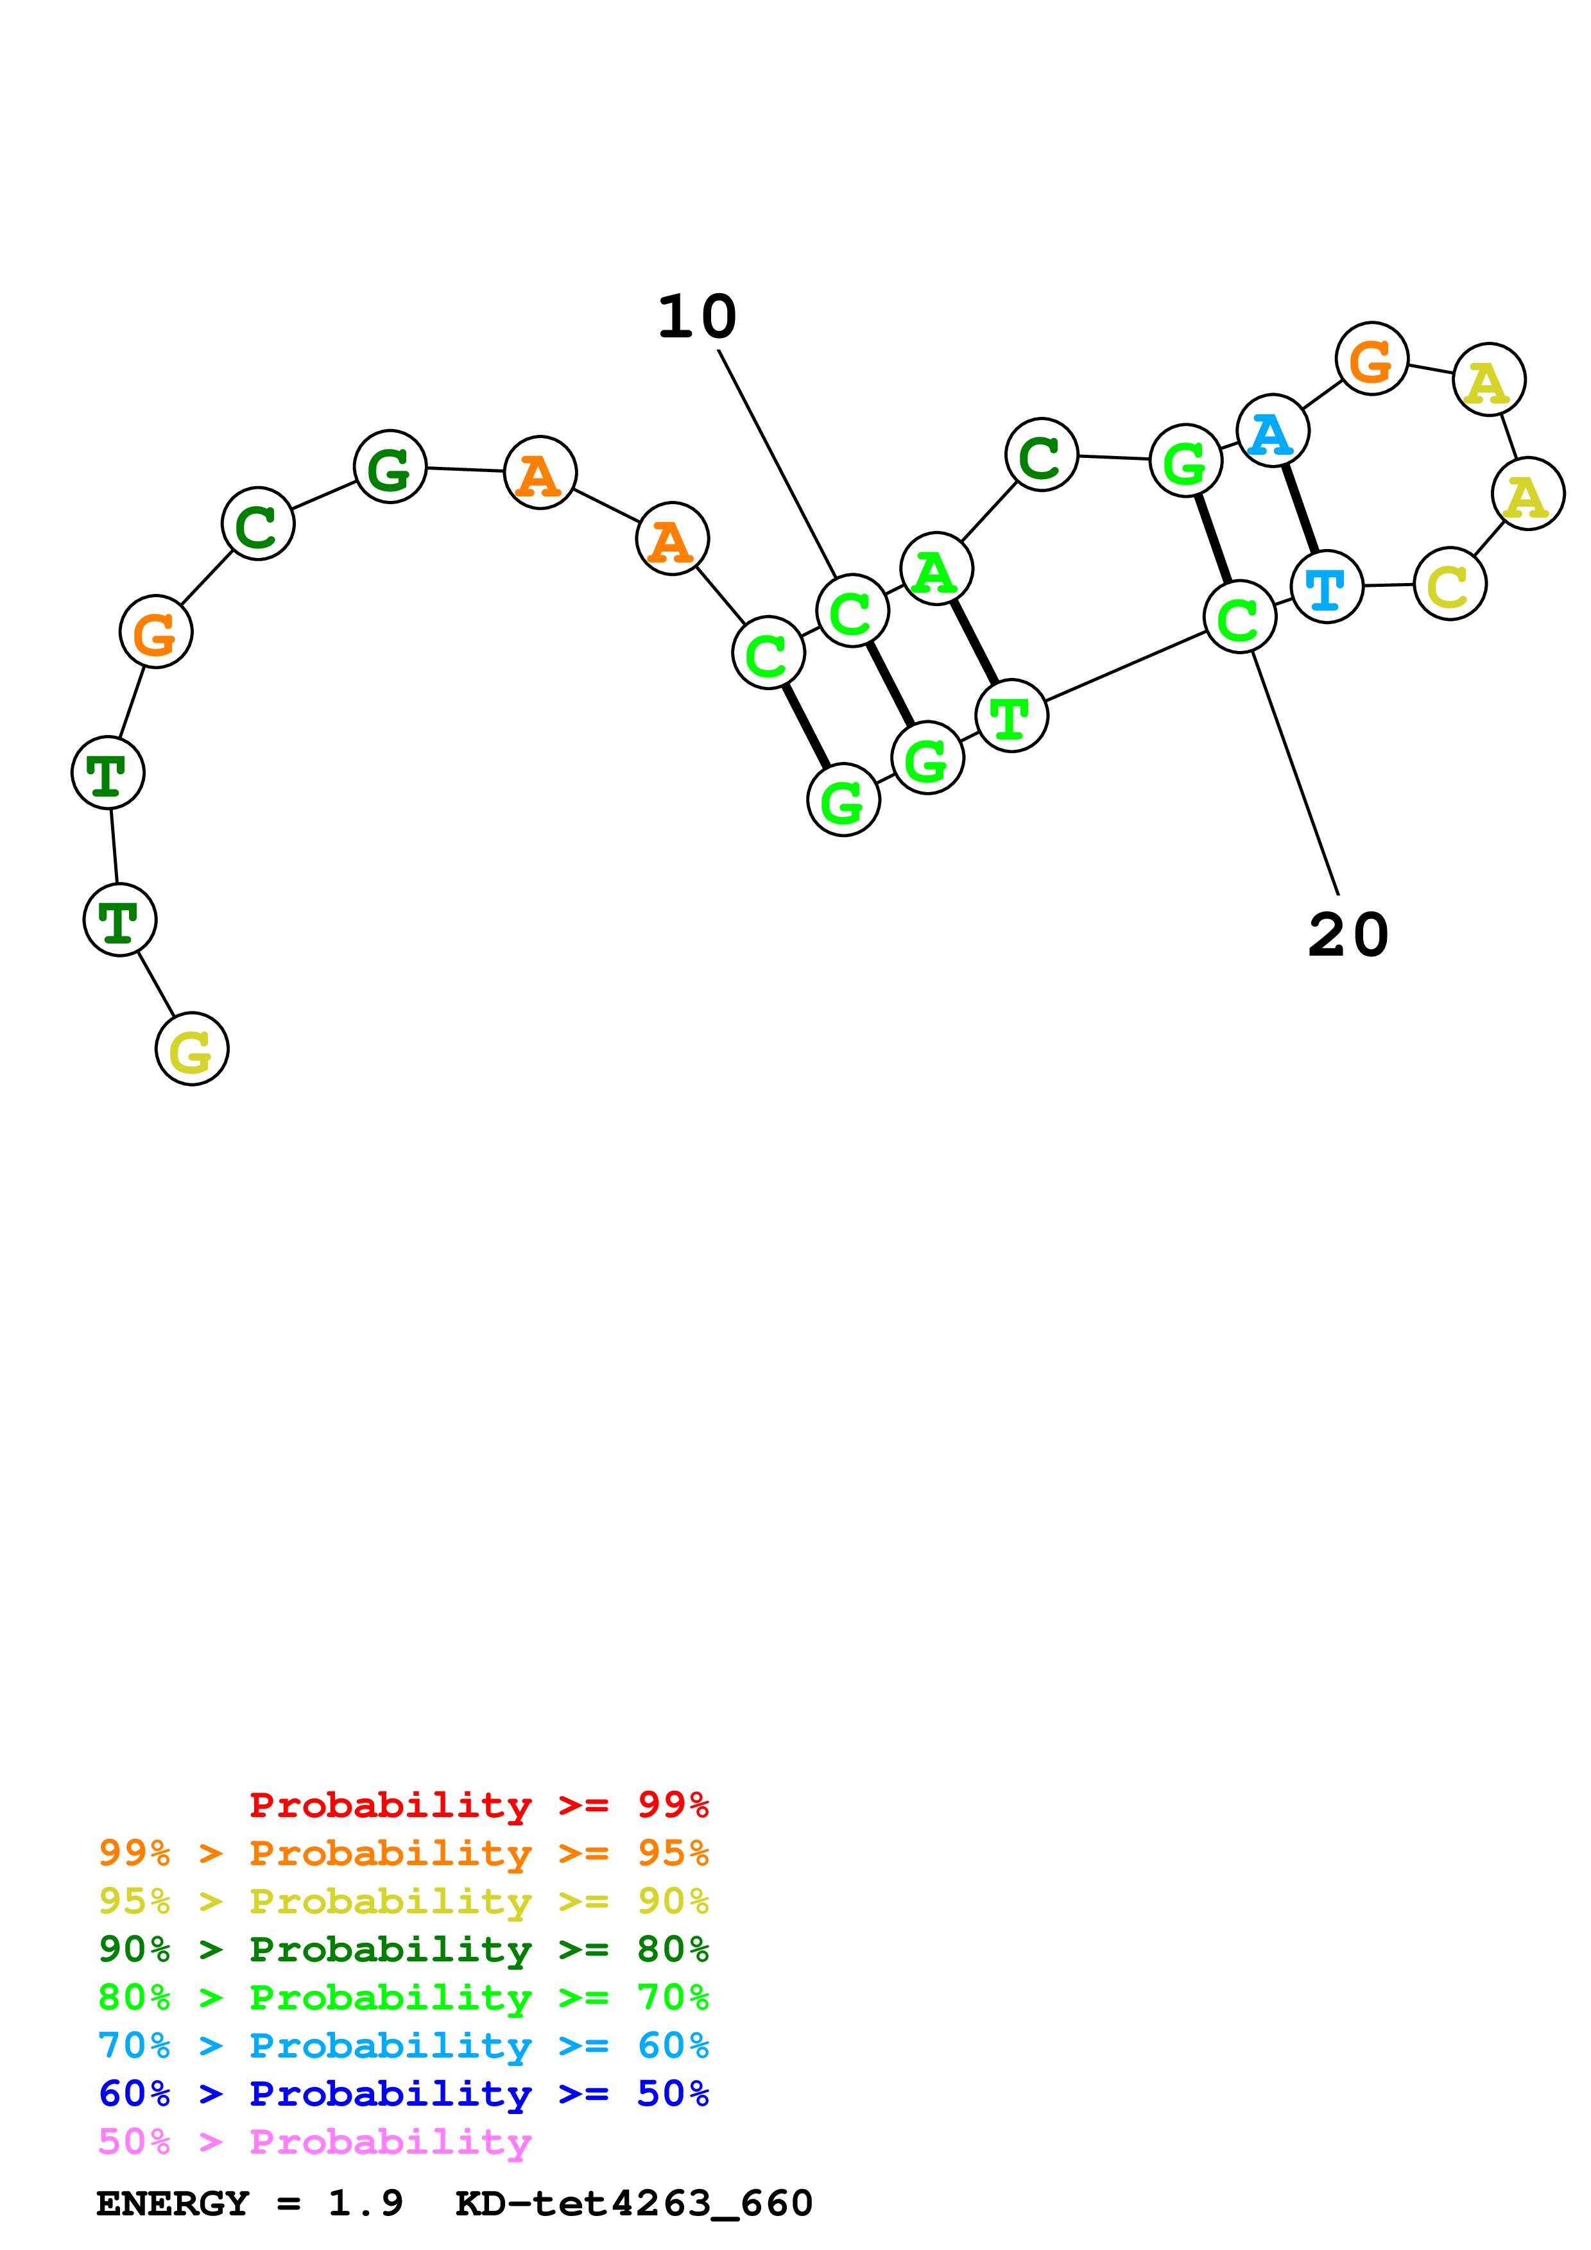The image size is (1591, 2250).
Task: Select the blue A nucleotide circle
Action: click(x=1273, y=431)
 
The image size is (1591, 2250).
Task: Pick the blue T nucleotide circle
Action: click(x=1327, y=587)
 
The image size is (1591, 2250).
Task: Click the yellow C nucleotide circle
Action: click(x=1450, y=585)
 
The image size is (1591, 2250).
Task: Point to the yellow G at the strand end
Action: click(x=192, y=1049)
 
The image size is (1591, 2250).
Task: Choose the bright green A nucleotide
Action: click(x=936, y=570)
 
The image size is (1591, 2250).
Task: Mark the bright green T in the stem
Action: click(x=1011, y=716)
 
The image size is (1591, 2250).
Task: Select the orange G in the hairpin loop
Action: click(x=1372, y=359)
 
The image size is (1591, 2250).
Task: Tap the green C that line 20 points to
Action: click(x=1239, y=616)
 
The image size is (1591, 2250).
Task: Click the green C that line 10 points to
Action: click(x=852, y=611)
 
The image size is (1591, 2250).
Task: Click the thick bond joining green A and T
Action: click(x=974, y=643)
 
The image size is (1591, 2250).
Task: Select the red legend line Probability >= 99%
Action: click(x=478, y=1804)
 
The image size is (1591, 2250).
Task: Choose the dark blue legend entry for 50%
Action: click(x=404, y=2094)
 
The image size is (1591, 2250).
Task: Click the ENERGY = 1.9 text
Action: click(x=249, y=2203)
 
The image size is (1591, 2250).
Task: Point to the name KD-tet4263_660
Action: click(x=633, y=2203)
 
